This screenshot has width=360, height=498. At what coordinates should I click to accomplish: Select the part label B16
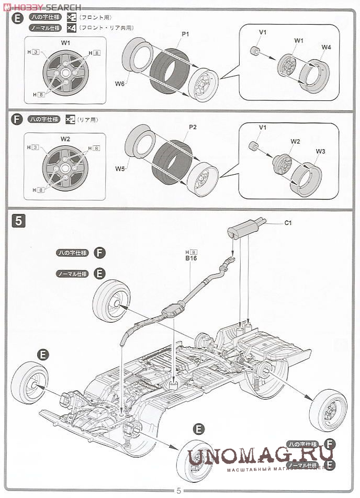click(190, 257)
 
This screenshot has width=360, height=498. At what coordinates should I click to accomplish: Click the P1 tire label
click(185, 34)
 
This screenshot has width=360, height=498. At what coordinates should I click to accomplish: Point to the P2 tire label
click(192, 127)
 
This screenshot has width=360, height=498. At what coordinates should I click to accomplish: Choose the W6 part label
click(120, 84)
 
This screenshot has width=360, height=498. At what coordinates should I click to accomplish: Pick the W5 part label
click(120, 168)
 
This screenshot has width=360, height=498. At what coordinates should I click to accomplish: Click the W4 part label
click(326, 47)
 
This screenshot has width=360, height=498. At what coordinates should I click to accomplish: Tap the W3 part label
click(320, 151)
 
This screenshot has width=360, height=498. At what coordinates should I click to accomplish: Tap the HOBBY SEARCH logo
click(42, 7)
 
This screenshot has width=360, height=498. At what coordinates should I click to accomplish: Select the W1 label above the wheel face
click(65, 42)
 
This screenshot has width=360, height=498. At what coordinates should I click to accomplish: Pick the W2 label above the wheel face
click(65, 139)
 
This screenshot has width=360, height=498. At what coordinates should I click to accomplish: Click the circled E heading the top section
click(17, 18)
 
